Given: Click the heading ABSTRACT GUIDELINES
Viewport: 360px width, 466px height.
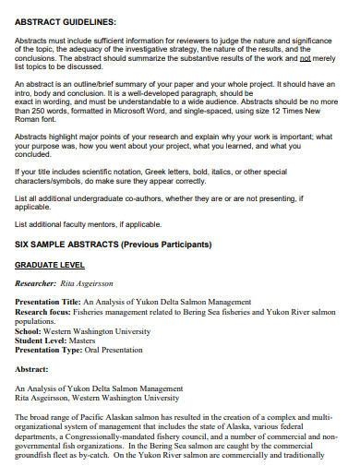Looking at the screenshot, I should click(65, 21).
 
